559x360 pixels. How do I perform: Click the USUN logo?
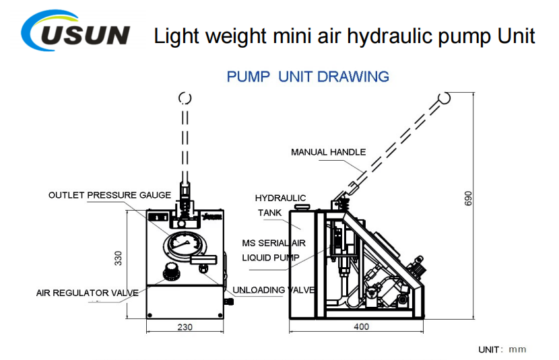pos(75,31)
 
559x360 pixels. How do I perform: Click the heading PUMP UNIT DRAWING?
pos(308,77)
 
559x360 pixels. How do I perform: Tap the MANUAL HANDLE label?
pos(329,152)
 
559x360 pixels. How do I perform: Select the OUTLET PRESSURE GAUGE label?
pos(110,195)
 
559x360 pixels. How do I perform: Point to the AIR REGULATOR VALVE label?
pos(88,293)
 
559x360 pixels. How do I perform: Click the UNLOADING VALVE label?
pos(273,290)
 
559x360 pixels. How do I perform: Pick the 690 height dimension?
pos(468,199)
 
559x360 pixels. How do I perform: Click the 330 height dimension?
pos(118,258)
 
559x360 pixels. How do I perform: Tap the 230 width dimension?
pos(185,327)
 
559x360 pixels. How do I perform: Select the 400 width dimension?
pos(361,326)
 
